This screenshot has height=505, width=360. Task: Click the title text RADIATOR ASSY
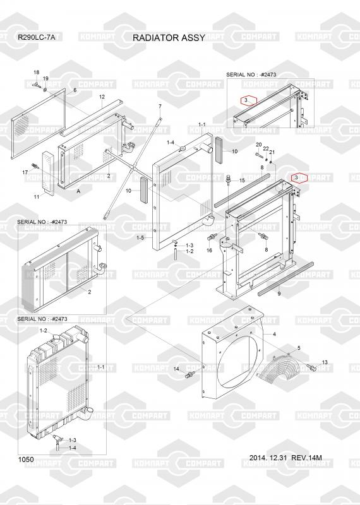coord(169,38)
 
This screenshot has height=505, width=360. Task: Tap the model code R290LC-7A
coord(37,37)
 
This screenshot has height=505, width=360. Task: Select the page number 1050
coord(26,460)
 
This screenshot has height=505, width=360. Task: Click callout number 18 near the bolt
coord(37,73)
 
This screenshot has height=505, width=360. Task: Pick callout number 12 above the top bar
coord(102,97)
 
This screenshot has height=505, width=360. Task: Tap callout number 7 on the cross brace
coord(160,106)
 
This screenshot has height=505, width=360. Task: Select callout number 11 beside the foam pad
coord(37,196)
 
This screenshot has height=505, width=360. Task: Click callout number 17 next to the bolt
coord(25,172)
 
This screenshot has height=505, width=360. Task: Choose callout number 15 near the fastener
coord(242,181)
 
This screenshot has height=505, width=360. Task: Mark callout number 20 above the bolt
coord(258,145)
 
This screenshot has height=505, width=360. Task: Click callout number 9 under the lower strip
coord(279,294)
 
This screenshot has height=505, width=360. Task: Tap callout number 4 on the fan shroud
coord(274,335)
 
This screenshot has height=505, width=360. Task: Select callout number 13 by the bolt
coord(325,362)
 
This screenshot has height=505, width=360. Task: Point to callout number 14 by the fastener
coord(176,369)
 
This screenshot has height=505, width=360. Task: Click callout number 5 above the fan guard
coord(299,348)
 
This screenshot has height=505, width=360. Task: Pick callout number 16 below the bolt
coord(209,250)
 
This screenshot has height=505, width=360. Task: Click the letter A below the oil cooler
coord(78,191)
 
